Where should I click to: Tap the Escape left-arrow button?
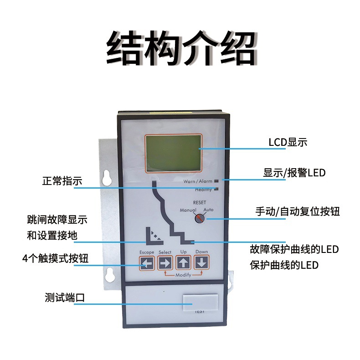point(147,263)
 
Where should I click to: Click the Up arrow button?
point(183,263)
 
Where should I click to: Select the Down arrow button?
point(201,263)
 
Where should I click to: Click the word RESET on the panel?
point(200,202)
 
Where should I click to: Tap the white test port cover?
point(200,302)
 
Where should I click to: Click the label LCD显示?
point(288,142)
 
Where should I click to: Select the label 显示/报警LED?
point(294,173)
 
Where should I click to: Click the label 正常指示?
point(62,181)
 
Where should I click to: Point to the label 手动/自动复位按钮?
point(297,212)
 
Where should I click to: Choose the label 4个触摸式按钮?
point(55,258)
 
